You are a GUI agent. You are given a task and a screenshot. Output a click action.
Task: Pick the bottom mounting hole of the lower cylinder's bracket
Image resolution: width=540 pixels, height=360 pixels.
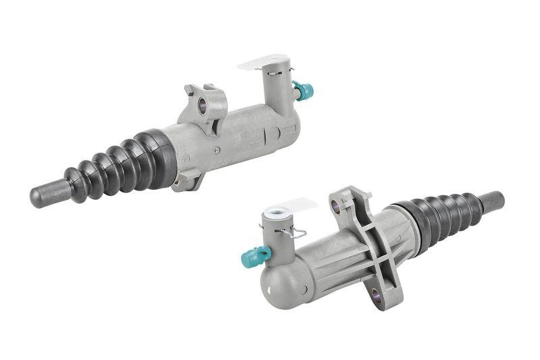(376, 294)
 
